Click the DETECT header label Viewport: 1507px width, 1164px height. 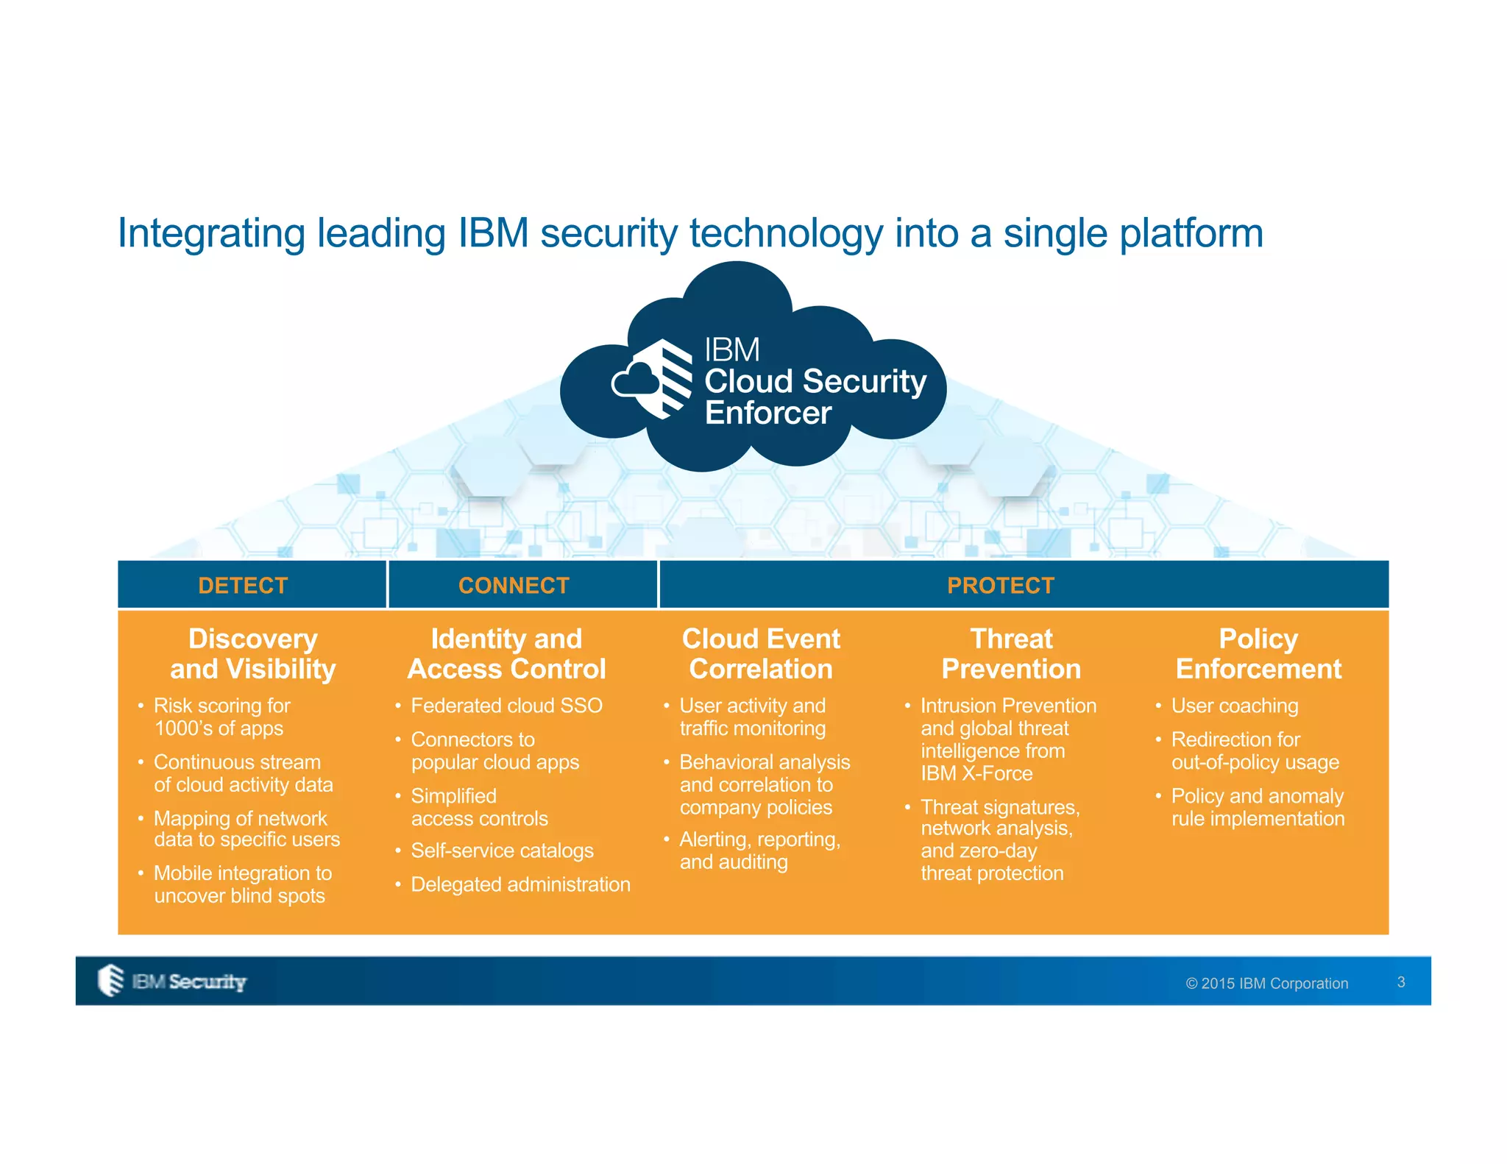pyautogui.click(x=243, y=586)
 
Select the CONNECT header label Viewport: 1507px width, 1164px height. pyautogui.click(x=514, y=586)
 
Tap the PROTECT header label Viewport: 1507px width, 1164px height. pyautogui.click(x=1001, y=586)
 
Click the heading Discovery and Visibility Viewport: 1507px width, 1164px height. pyautogui.click(x=252, y=653)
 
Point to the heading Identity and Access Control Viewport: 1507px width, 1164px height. pyautogui.click(x=506, y=653)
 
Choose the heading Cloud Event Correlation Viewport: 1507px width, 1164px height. pyautogui.click(x=761, y=653)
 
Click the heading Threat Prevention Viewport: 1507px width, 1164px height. pyautogui.click(x=1011, y=653)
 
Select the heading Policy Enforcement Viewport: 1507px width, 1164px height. pyautogui.click(x=1258, y=653)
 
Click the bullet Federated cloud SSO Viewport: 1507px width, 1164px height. pyautogui.click(x=506, y=706)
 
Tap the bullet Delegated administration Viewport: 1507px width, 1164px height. pyautogui.click(x=520, y=884)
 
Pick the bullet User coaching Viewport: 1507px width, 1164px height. pyautogui.click(x=1234, y=706)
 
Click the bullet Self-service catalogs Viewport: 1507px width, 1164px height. pyautogui.click(x=502, y=851)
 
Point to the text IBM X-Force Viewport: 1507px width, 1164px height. pyautogui.click(x=976, y=774)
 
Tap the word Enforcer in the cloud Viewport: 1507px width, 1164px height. pyautogui.click(x=767, y=413)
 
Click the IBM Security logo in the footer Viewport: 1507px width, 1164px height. pyautogui.click(x=173, y=981)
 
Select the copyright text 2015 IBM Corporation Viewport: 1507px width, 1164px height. pyautogui.click(x=1267, y=984)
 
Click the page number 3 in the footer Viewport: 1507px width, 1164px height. pyautogui.click(x=1401, y=982)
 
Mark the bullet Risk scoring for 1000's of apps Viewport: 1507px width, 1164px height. pyautogui.click(x=221, y=717)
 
